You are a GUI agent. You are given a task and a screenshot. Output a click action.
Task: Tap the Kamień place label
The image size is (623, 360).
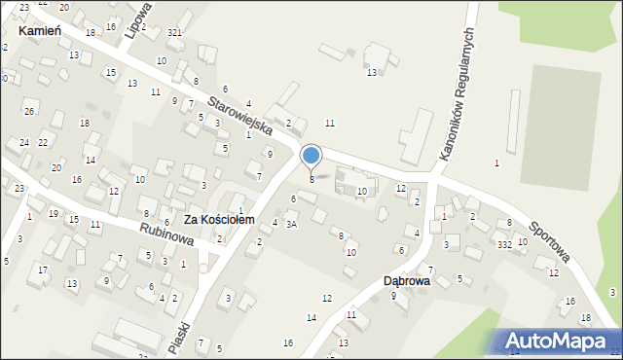tap(40, 31)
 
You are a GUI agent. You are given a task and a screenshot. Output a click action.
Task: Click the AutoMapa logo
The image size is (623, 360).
tap(552, 341)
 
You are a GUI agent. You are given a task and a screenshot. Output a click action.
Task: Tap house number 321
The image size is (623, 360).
tap(174, 33)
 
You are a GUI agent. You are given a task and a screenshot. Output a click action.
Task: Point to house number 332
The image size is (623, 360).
tap(504, 244)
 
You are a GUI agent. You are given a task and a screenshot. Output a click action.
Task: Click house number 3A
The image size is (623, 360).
tap(291, 224)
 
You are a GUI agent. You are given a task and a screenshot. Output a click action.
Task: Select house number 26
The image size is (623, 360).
tap(29, 111)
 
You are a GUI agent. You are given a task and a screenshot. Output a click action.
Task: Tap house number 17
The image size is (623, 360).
tap(43, 270)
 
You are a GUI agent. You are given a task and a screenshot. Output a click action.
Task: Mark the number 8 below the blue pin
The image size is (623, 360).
tap(311, 179)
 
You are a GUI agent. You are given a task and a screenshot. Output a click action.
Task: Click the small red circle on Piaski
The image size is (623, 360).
tap(203, 268)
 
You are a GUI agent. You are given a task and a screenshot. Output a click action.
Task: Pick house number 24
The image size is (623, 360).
tap(23, 143)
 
